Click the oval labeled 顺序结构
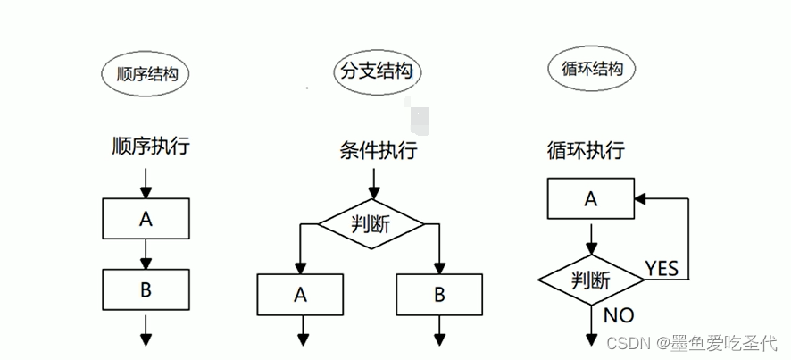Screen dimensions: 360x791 pyautogui.click(x=146, y=74)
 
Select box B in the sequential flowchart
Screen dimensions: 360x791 pyautogui.click(x=146, y=289)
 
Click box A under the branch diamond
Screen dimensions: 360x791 pyautogui.click(x=300, y=293)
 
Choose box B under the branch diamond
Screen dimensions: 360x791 pyautogui.click(x=439, y=293)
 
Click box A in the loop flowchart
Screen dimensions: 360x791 pyautogui.click(x=589, y=198)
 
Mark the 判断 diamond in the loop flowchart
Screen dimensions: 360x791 pyautogui.click(x=591, y=280)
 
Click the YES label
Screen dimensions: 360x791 pyautogui.click(x=662, y=268)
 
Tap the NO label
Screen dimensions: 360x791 pyautogui.click(x=619, y=314)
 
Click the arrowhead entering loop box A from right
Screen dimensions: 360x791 pyautogui.click(x=641, y=198)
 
